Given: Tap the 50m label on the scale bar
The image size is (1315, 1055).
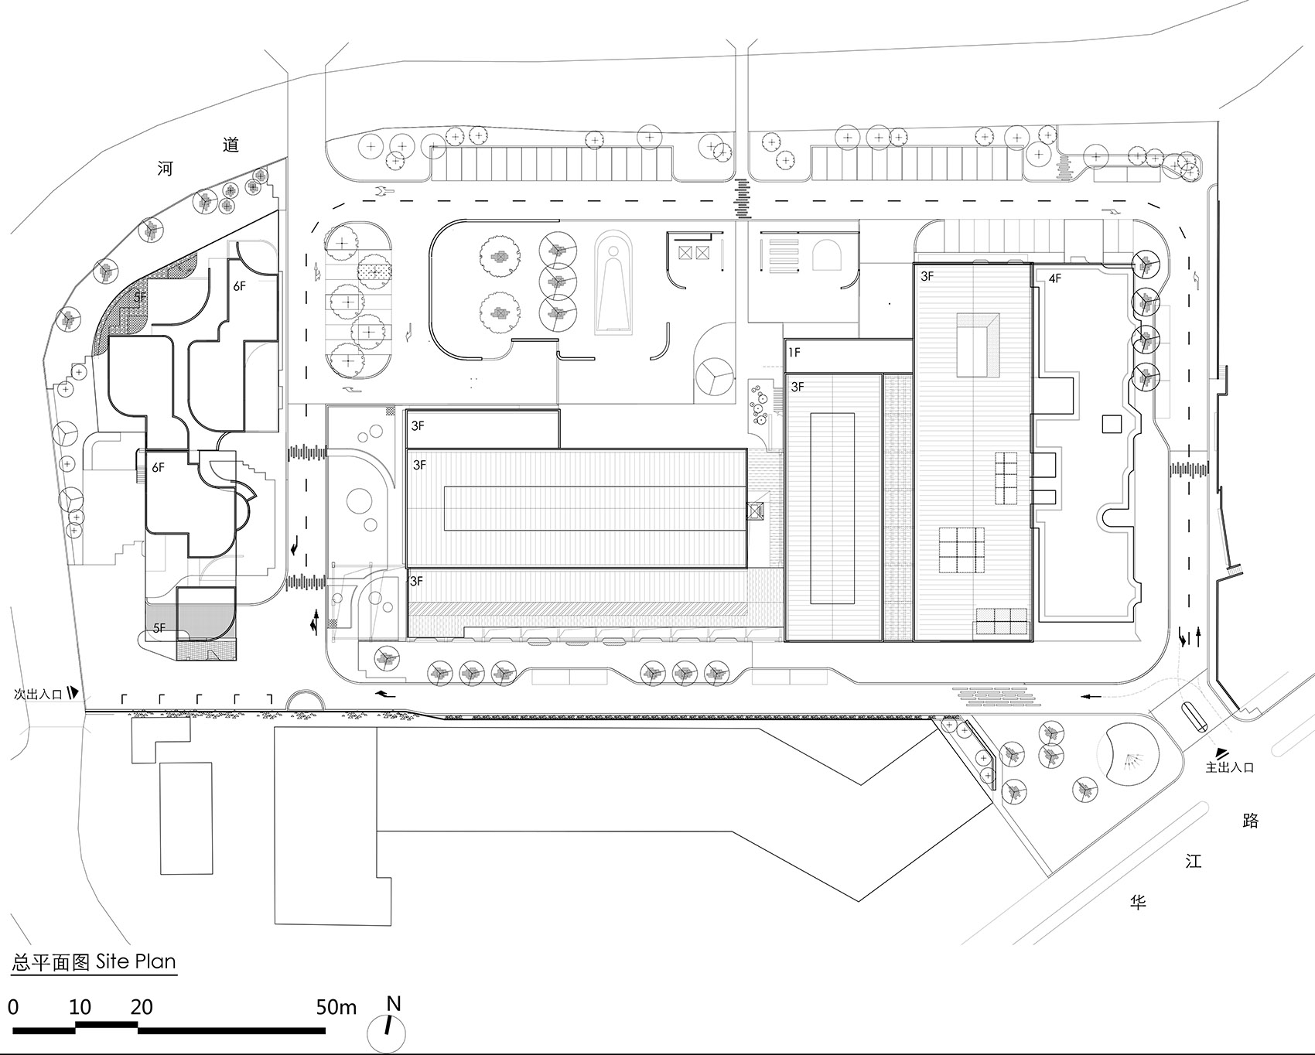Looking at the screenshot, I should (336, 1007).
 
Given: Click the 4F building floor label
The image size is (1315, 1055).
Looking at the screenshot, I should (1055, 278).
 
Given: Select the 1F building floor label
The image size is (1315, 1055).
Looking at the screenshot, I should (794, 353).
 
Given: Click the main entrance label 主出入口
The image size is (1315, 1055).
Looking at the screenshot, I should (1230, 767).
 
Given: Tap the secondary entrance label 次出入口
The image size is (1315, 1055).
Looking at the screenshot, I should (37, 694).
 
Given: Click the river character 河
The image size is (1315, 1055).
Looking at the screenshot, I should (165, 169).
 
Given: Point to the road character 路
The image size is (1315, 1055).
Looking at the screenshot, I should (1251, 821).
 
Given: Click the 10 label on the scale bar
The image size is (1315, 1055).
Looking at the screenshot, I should (80, 1007).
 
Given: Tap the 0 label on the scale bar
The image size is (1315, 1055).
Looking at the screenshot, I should (12, 1007).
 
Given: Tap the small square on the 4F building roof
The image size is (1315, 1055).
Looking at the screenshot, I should (1112, 423).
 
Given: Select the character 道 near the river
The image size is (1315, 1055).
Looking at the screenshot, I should (231, 145).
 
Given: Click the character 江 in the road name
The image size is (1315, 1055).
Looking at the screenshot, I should (1194, 861).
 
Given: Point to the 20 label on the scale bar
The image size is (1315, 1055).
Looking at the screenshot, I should (142, 1007).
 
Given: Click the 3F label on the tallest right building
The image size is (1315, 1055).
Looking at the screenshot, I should (927, 275).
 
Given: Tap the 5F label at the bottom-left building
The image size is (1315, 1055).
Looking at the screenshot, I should (159, 628).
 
